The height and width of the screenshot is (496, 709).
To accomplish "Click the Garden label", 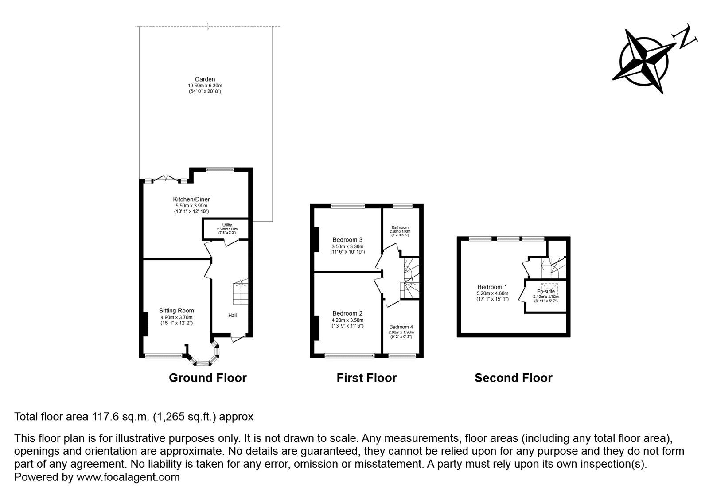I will click(205, 79).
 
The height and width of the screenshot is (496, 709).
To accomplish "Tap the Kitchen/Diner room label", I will click(191, 199).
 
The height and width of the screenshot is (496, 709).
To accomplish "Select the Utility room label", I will click(226, 225).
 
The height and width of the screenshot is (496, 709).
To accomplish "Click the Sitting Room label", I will click(176, 311).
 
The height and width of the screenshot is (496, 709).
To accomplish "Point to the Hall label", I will click(232, 316).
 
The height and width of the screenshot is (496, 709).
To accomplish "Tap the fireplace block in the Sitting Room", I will click(145, 324).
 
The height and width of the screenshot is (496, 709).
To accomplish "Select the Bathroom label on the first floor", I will click(400, 227).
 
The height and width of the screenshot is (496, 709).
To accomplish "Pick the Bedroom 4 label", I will click(401, 327).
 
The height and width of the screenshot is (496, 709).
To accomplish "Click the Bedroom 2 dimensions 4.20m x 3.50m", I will click(347, 320).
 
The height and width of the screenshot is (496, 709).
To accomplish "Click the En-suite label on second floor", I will click(545, 292).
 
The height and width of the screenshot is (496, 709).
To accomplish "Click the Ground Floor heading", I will click(208, 378).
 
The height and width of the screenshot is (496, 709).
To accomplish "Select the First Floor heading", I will click(366, 378).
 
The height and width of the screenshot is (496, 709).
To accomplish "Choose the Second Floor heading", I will click(513, 378).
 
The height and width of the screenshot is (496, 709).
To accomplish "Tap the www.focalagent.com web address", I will click(128, 477).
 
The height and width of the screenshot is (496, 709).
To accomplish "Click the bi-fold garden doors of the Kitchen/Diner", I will click(166, 179).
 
